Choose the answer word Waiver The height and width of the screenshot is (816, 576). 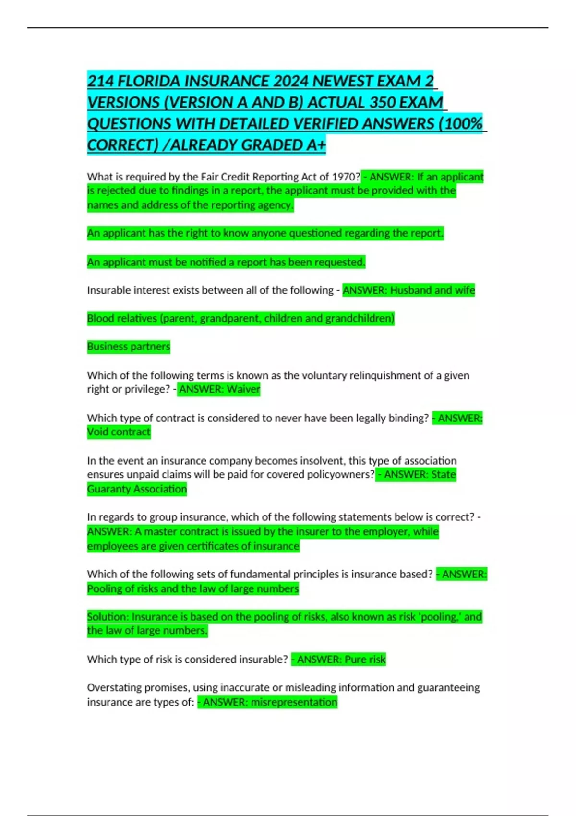point(243,389)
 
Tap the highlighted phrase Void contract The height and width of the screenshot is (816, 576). point(119,432)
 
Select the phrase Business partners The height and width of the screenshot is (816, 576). point(129,347)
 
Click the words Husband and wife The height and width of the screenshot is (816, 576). point(432,290)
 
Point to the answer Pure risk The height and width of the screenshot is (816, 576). point(365,660)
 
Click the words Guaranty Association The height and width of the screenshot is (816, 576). point(137,489)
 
